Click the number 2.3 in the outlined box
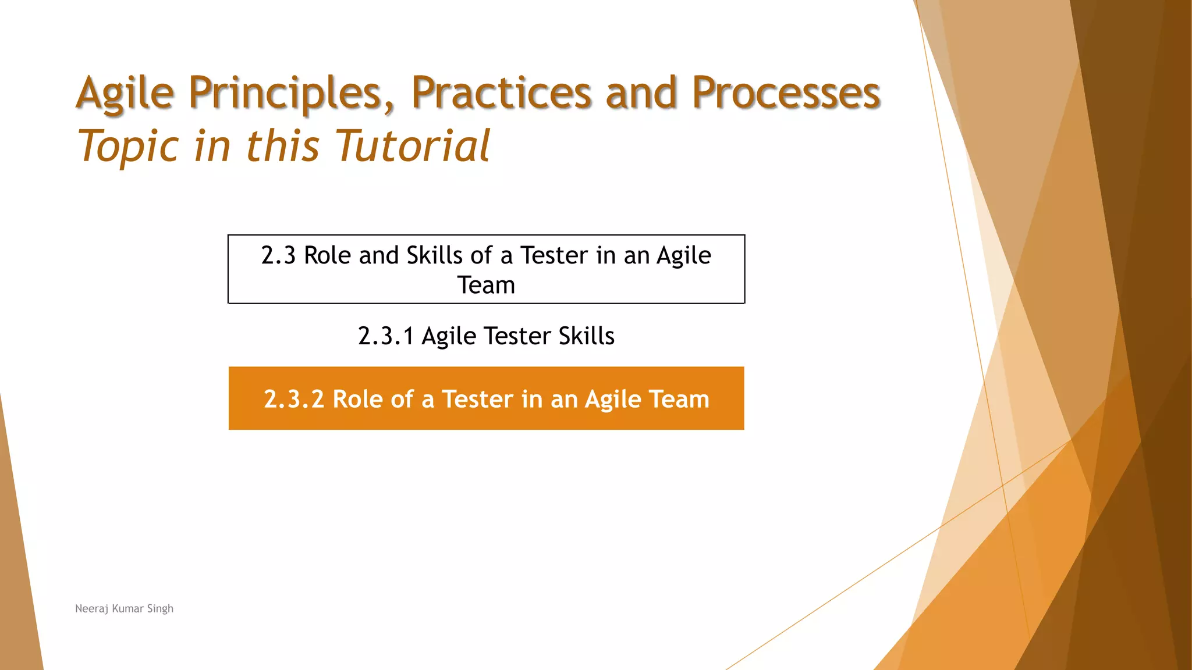pyautogui.click(x=278, y=256)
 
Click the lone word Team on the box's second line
pyautogui.click(x=486, y=286)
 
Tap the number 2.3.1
pyautogui.click(x=385, y=336)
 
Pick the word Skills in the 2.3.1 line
pyautogui.click(x=586, y=336)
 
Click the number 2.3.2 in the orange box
pyautogui.click(x=293, y=400)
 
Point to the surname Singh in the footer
pyautogui.click(x=160, y=609)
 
